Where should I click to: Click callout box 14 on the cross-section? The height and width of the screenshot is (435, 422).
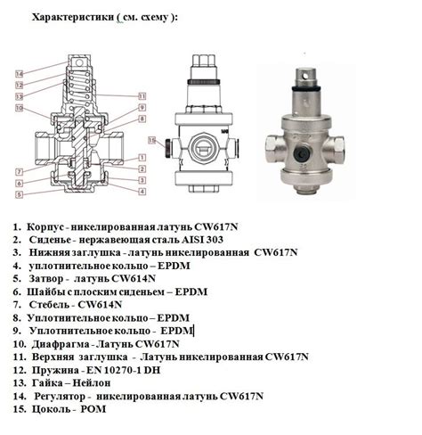tap(20, 74)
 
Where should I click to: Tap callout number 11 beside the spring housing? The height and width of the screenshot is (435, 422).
tap(142, 96)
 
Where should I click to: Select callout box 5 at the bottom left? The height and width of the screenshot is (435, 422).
tap(19, 194)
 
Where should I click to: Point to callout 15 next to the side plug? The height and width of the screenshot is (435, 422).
tap(152, 140)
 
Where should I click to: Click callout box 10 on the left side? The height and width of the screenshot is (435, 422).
tap(20, 108)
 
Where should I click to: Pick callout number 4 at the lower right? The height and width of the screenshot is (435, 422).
tap(142, 192)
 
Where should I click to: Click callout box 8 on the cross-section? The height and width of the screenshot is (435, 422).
tap(142, 119)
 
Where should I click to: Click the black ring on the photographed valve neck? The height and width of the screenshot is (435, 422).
tap(306, 88)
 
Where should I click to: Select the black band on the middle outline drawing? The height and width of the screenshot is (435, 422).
tap(203, 82)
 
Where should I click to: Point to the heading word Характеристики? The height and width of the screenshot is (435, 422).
tap(73, 17)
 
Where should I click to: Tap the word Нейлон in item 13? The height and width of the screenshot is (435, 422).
tap(92, 383)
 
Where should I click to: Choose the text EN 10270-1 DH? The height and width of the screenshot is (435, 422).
tap(123, 370)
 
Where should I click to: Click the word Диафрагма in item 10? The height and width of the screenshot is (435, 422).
tap(61, 344)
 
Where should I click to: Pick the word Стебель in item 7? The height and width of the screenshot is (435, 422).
tap(48, 305)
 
